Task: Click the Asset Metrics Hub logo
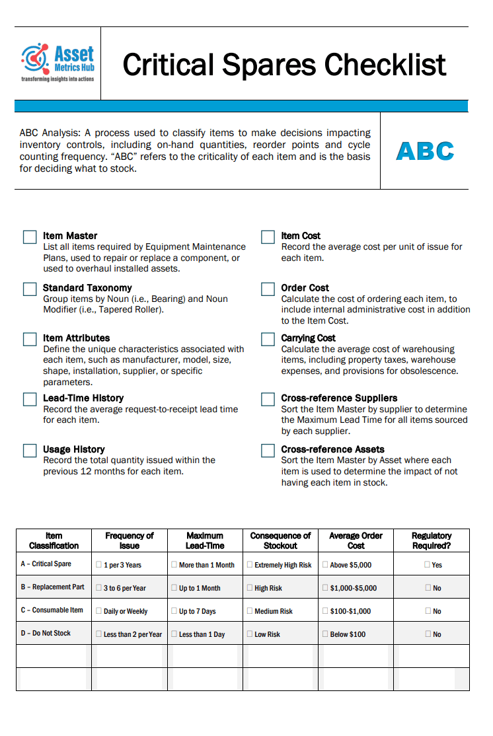pos(57,62)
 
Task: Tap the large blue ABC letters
pos(425,151)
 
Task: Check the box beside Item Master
pos(30,237)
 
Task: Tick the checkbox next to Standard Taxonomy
pos(30,289)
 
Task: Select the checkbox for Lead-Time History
pos(30,399)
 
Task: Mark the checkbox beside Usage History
pos(30,451)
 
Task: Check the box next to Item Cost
pos(268,237)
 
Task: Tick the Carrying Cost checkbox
pos(268,339)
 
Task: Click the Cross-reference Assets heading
pos(332,449)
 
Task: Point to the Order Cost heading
pos(305,288)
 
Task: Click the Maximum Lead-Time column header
pos(205,540)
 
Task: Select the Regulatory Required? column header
pos(431,540)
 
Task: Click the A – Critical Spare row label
pos(46,564)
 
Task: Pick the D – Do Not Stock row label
pos(46,634)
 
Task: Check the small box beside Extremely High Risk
pos(250,565)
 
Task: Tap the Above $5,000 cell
pos(350,565)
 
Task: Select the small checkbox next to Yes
pos(427,565)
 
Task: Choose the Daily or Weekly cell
pos(126,611)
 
